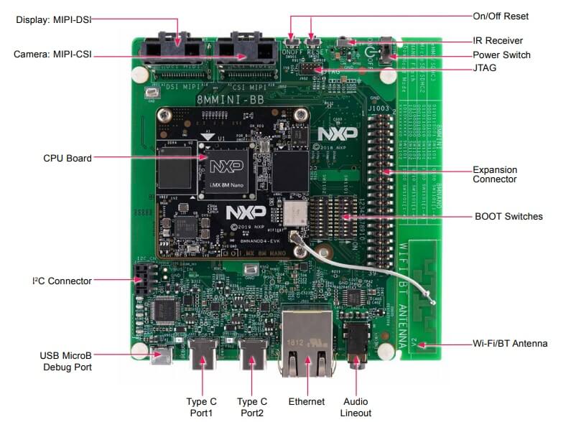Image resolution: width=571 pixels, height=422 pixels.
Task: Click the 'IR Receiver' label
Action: [x=498, y=41]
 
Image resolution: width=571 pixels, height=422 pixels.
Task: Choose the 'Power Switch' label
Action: [x=501, y=55]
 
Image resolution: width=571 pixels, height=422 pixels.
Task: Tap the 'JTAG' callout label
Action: [x=485, y=68]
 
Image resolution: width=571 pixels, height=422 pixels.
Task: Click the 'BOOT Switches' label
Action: [x=509, y=216]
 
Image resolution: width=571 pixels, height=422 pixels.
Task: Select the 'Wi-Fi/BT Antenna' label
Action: [x=511, y=344]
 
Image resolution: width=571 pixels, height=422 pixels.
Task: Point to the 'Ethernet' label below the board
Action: [x=306, y=402]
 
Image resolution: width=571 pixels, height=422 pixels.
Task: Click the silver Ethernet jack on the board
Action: [x=307, y=337]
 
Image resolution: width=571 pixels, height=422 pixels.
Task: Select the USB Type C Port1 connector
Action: [x=205, y=354]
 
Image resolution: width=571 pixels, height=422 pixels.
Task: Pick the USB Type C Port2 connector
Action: [x=254, y=354]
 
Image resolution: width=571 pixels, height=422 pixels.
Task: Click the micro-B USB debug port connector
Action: [x=160, y=354]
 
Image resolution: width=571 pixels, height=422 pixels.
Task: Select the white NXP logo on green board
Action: [x=333, y=134]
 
